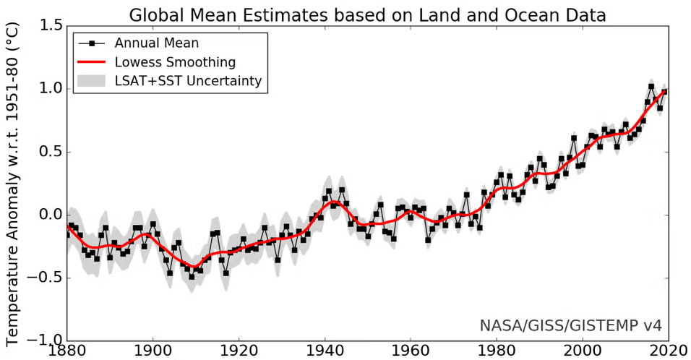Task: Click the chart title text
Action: click(x=367, y=14)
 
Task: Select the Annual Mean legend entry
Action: click(x=156, y=43)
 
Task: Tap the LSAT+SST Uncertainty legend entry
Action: click(x=188, y=81)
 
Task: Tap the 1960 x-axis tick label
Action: click(x=410, y=351)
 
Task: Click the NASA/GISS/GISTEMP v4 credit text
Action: click(x=570, y=325)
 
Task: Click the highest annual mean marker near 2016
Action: click(x=651, y=87)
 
